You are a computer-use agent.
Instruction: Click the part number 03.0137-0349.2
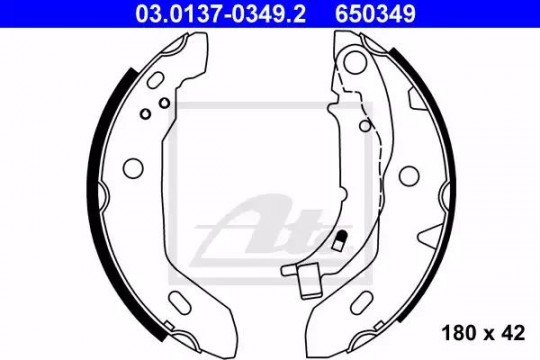tap(220, 14)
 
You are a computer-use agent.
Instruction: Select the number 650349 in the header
tap(375, 14)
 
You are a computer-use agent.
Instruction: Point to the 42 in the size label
tap(512, 333)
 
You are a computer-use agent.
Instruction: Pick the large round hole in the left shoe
tap(133, 168)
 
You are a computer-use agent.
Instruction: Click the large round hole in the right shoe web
tap(409, 175)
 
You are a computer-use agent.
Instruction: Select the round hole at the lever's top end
tap(354, 62)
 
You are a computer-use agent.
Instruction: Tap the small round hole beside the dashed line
tap(365, 125)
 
